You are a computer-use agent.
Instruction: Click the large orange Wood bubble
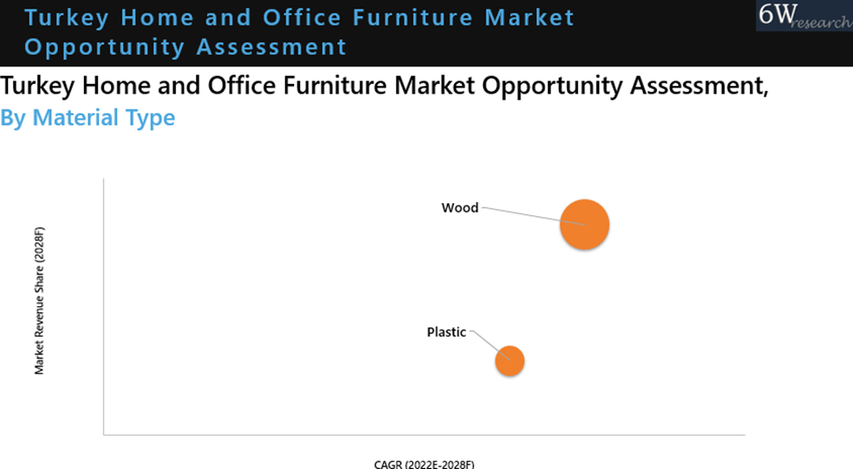pyautogui.click(x=584, y=225)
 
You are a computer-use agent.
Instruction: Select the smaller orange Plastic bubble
pyautogui.click(x=510, y=360)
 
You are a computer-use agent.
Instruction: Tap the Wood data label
pyautogui.click(x=459, y=208)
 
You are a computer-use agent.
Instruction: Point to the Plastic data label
pyautogui.click(x=446, y=332)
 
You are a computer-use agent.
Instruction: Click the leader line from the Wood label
pyautogui.click(x=534, y=216)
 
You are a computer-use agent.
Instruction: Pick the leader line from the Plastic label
pyautogui.click(x=490, y=346)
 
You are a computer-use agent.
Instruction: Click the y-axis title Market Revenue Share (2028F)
pyautogui.click(x=39, y=301)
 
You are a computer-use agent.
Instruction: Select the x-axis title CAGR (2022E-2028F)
pyautogui.click(x=424, y=464)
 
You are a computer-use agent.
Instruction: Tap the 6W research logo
pyautogui.click(x=805, y=16)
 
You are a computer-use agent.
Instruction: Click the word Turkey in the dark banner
pyautogui.click(x=66, y=18)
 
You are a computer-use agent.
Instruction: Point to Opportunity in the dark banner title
pyautogui.click(x=104, y=47)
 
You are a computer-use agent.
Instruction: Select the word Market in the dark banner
pyautogui.click(x=529, y=17)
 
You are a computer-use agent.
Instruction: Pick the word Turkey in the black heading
pyautogui.click(x=38, y=87)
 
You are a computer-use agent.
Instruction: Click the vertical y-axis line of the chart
pyautogui.click(x=103, y=306)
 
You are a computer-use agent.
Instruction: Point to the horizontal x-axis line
pyautogui.click(x=424, y=435)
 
